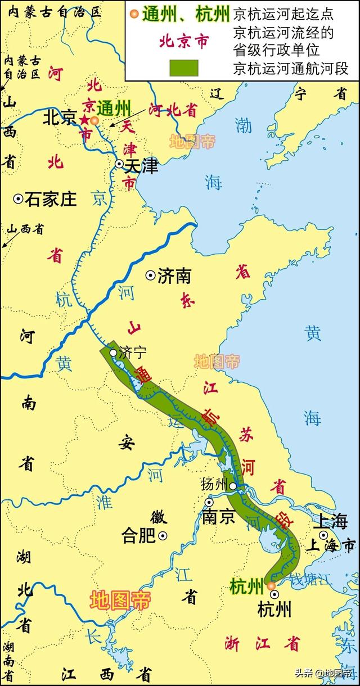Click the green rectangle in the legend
click(183, 68)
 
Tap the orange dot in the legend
click(134, 12)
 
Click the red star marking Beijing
click(85, 119)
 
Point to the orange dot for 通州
click(94, 120)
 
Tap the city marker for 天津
click(119, 164)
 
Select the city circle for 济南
click(150, 275)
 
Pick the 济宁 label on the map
click(133, 353)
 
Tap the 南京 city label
click(219, 517)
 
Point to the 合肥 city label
click(138, 536)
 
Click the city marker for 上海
click(323, 535)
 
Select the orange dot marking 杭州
click(272, 586)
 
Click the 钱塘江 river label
click(303, 579)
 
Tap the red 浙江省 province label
click(262, 643)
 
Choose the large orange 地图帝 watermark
click(120, 601)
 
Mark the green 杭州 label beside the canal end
click(246, 587)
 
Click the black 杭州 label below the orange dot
click(274, 608)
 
